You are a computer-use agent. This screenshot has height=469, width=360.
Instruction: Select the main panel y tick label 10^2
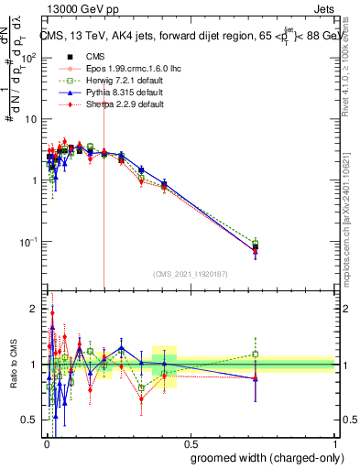coord(28,57)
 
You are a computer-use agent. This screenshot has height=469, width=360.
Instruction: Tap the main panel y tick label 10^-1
coord(28,242)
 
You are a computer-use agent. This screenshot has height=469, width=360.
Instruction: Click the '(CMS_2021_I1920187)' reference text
coord(190,273)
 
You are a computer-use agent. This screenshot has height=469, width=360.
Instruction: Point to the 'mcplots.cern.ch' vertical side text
coord(352,229)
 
